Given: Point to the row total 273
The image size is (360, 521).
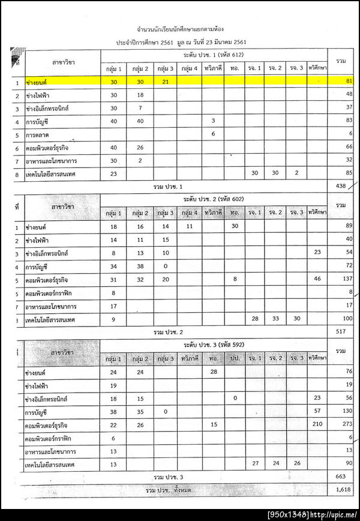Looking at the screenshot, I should pos(346,424).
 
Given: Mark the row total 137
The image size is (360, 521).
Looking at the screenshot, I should pos(346,280).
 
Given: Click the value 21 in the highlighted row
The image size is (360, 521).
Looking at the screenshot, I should pos(165,80).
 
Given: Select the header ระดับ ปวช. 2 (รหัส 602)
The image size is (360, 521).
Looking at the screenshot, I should pos(213,199).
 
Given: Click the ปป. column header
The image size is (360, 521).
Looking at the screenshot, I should pos(235,358).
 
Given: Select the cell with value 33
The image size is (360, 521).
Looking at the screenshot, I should pos(275,319).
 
